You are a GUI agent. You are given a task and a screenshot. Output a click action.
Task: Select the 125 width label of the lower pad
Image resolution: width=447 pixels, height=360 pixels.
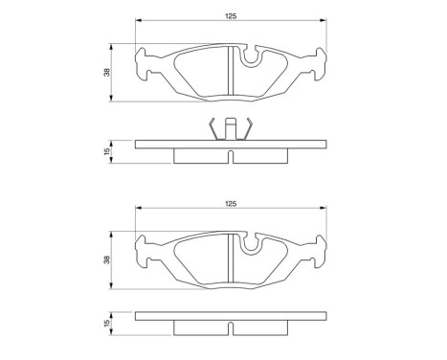point(230,204)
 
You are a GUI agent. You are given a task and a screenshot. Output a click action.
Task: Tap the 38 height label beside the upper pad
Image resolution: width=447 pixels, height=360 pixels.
point(106,72)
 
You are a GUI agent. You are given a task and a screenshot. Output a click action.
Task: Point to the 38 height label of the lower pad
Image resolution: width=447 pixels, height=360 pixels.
point(106,259)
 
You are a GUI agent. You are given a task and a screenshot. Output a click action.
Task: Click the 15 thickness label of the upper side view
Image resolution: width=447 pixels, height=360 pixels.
point(106,150)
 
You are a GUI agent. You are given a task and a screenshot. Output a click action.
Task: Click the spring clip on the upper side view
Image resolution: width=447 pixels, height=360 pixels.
point(230,128)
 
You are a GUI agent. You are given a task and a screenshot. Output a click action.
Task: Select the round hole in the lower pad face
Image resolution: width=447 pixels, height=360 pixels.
point(252,248)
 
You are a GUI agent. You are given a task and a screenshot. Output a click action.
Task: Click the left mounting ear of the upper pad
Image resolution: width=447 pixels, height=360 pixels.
point(144,64)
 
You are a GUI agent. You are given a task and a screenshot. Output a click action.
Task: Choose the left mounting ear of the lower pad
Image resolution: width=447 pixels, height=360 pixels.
point(144,252)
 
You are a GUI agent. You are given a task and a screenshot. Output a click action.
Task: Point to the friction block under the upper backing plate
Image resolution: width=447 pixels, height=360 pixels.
point(201,156)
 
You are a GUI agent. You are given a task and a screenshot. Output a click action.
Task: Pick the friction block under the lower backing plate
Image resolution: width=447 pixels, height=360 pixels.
point(201,328)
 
